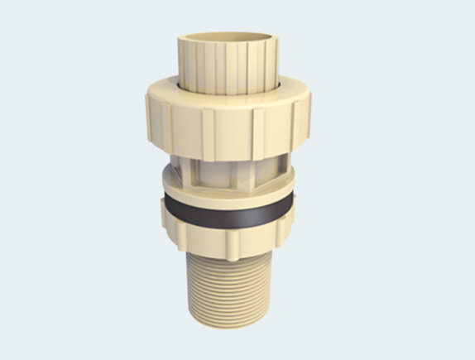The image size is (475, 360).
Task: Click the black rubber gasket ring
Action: click(225, 213)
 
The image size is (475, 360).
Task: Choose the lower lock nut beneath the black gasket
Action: click(225, 236)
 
